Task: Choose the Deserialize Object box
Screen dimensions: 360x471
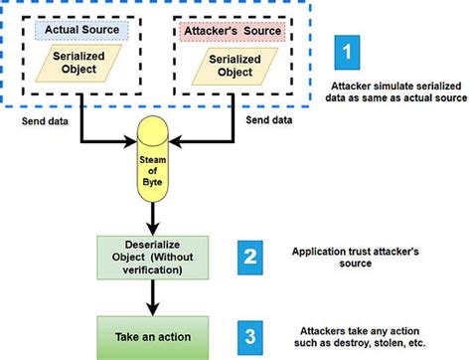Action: point(153,257)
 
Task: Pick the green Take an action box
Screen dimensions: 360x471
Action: point(153,334)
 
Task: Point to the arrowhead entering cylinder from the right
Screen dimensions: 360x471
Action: point(175,142)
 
